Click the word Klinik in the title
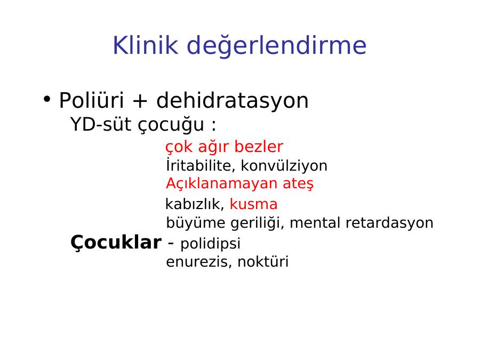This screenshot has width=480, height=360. pos(146,45)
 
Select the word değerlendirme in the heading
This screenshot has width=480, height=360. pos(276,46)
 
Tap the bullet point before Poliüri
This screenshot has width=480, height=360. pos(46,99)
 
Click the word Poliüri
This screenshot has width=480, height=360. pos(91,100)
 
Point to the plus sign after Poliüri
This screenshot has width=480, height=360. pos(140,101)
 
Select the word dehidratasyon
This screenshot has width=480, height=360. pos(233,101)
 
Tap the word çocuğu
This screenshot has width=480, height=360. pos(171,125)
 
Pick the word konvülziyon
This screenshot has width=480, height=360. pos(284,166)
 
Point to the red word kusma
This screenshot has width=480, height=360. pos(253,204)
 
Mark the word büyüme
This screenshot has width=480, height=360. pos(196,223)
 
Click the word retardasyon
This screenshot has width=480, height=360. pos(389,222)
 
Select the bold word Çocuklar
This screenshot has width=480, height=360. pos(116,243)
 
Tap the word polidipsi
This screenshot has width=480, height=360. pos(210,244)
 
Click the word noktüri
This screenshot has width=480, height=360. pos(263,262)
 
